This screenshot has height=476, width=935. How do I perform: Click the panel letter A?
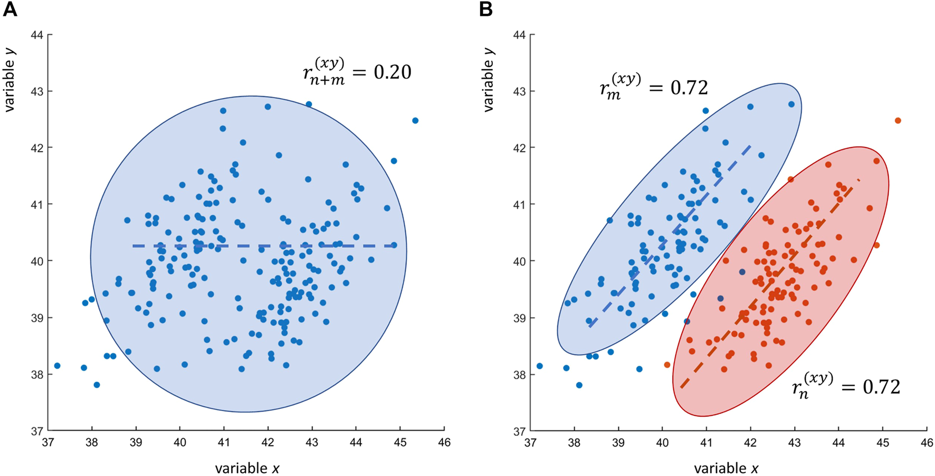point(10,9)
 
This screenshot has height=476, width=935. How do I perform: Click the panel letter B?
point(486,9)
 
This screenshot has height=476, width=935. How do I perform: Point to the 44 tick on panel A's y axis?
point(39,35)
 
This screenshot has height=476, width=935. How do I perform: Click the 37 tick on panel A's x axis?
point(47,442)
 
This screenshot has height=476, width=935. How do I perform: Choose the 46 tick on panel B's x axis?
point(927,442)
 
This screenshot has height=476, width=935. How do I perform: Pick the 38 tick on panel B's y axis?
point(520,375)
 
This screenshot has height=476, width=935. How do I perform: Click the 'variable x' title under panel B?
point(726,468)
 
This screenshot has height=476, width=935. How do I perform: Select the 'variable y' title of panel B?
point(489,79)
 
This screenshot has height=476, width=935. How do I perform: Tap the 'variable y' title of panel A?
point(9,79)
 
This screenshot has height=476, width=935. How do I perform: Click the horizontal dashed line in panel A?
point(264,246)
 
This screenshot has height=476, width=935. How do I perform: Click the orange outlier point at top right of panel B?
point(898,121)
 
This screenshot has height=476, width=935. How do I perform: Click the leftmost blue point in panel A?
point(57,366)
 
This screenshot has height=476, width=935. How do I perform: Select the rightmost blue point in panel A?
point(415,121)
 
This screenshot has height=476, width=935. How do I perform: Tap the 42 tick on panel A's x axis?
point(268,442)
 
